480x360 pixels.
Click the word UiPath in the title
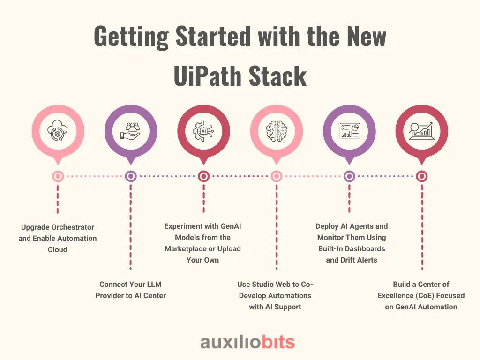pos(207,75)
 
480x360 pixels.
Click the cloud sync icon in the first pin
pos(58,130)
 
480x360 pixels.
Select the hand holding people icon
pos(131,131)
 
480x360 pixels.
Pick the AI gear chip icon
pos(203,131)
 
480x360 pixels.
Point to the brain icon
pos(277,131)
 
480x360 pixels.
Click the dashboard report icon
pos(350,131)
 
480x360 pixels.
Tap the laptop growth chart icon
pos(422,131)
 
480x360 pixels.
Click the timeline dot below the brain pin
pos(277,176)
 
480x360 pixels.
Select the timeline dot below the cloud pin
pos(58,176)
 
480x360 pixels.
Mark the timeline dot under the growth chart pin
pos(422,176)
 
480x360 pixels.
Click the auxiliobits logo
pos(247,342)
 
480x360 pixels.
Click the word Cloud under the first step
pos(58,249)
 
